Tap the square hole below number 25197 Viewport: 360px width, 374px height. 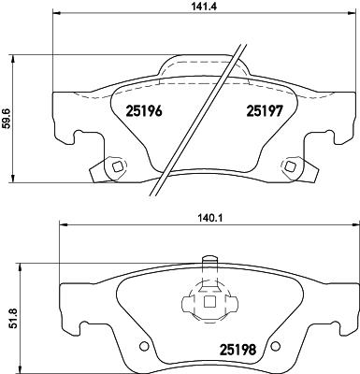[291, 167]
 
